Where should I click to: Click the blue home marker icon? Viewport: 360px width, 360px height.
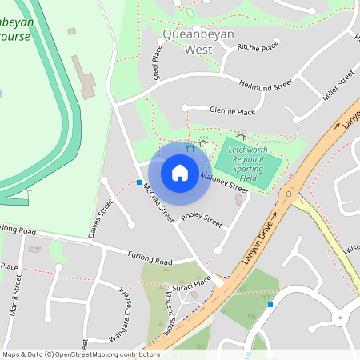point(180,172)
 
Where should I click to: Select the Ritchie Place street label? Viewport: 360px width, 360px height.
point(257,46)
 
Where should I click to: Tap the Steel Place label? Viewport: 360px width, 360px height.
point(158,62)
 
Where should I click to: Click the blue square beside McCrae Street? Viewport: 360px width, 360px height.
point(139,183)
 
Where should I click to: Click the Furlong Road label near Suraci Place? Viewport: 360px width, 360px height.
point(150,258)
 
